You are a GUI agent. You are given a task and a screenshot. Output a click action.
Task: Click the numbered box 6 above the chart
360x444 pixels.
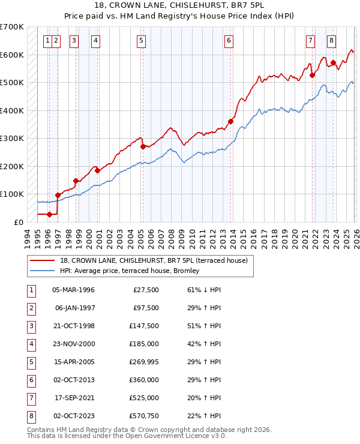coord(229,41)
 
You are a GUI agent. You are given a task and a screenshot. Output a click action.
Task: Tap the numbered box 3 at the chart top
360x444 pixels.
coord(74,41)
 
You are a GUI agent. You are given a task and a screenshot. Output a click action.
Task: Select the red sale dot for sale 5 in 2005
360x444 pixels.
coord(143,146)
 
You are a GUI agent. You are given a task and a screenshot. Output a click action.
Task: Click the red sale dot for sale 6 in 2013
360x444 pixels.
coord(230,121)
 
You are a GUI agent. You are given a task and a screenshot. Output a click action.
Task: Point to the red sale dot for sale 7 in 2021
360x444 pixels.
coord(312,75)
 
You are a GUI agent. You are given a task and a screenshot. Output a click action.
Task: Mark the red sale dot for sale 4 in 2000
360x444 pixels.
coord(98,170)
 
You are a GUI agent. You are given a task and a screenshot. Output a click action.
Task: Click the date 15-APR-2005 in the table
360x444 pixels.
coord(73,362)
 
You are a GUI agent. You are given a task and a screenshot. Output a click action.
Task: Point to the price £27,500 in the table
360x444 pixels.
coord(146,290)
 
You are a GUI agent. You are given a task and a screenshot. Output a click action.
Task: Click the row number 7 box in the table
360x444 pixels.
coord(30,398)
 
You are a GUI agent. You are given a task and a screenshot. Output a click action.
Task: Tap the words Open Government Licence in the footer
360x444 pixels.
coord(154,436)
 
